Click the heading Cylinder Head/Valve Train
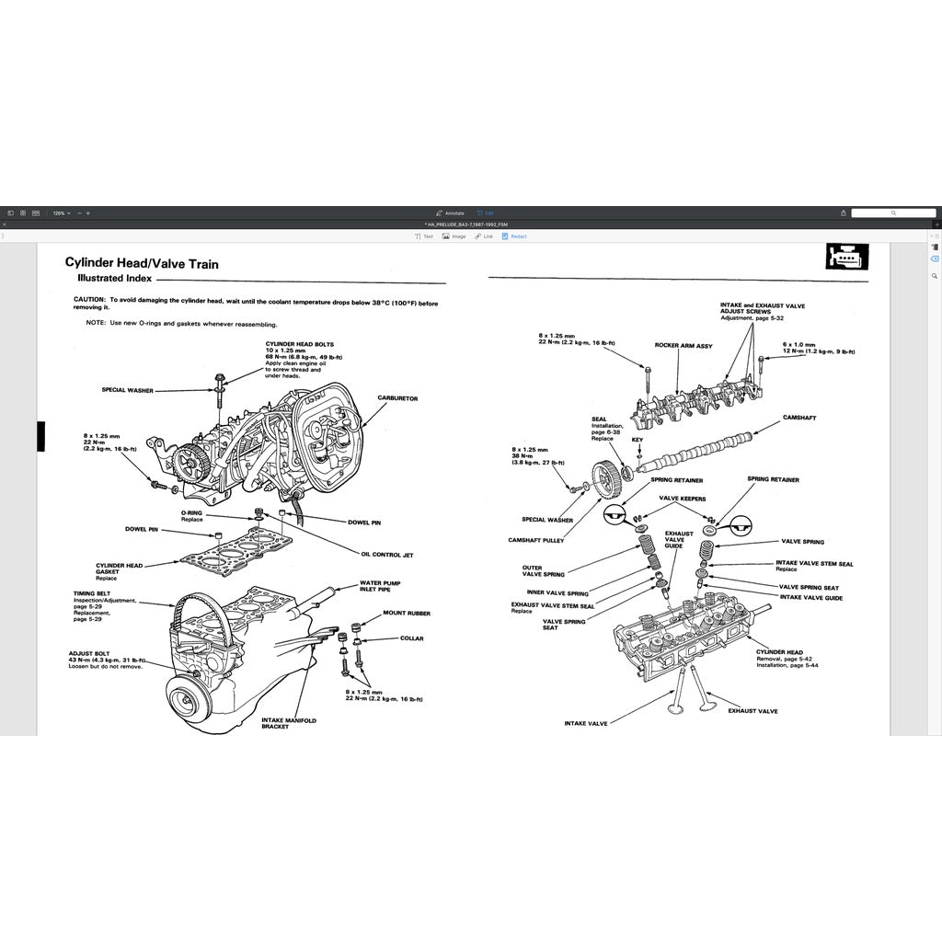point(142,264)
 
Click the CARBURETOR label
point(397,398)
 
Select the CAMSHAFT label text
point(798,418)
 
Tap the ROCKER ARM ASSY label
point(684,346)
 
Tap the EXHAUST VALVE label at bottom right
point(752,711)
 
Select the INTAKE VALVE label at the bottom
point(586,724)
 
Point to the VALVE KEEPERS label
point(681,498)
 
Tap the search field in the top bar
point(892,213)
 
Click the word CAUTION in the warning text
point(89,300)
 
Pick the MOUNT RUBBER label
point(406,614)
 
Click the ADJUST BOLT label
point(89,654)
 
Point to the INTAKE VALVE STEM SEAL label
point(813,564)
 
